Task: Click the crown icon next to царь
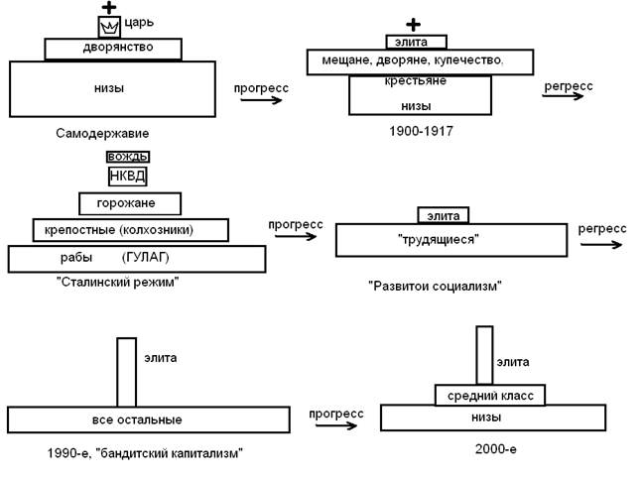108,28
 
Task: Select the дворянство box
113,49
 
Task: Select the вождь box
127,157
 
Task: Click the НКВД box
127,177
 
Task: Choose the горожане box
123,204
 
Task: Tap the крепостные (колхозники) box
130,230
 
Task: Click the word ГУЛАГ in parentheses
146,258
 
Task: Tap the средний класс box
490,396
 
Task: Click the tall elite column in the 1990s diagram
126,372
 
